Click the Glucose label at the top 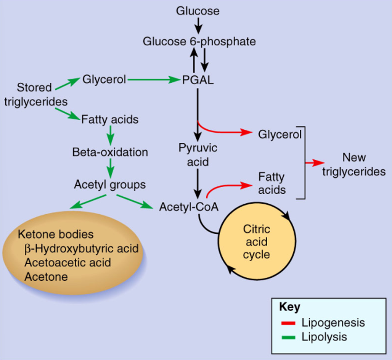198,11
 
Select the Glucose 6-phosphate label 199,41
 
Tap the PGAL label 197,80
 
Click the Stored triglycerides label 36,95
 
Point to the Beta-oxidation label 110,152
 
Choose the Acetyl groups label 110,185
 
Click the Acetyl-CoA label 189,207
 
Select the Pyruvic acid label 198,154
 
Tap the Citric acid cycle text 256,241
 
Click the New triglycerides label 354,164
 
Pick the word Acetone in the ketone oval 46,276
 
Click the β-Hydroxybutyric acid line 80,249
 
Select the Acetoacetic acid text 67,263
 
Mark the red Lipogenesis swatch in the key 289,323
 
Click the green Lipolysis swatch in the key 289,337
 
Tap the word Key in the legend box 289,307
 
